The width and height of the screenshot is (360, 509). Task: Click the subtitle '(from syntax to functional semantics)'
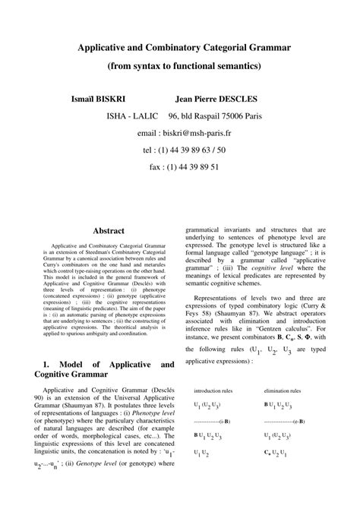coord(179,67)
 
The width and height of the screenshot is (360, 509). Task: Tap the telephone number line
coord(179,150)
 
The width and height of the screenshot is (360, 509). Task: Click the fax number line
coord(179,166)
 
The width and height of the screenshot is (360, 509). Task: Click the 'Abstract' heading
coord(108,229)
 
